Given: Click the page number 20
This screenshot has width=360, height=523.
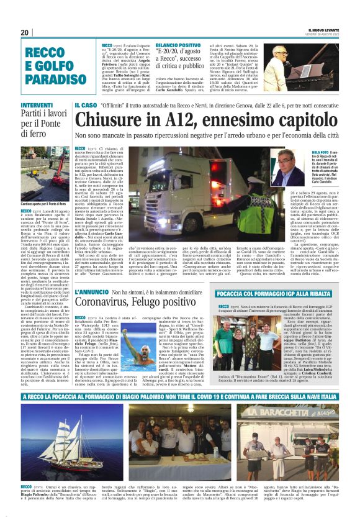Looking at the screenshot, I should pyautogui.click(x=25, y=32).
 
